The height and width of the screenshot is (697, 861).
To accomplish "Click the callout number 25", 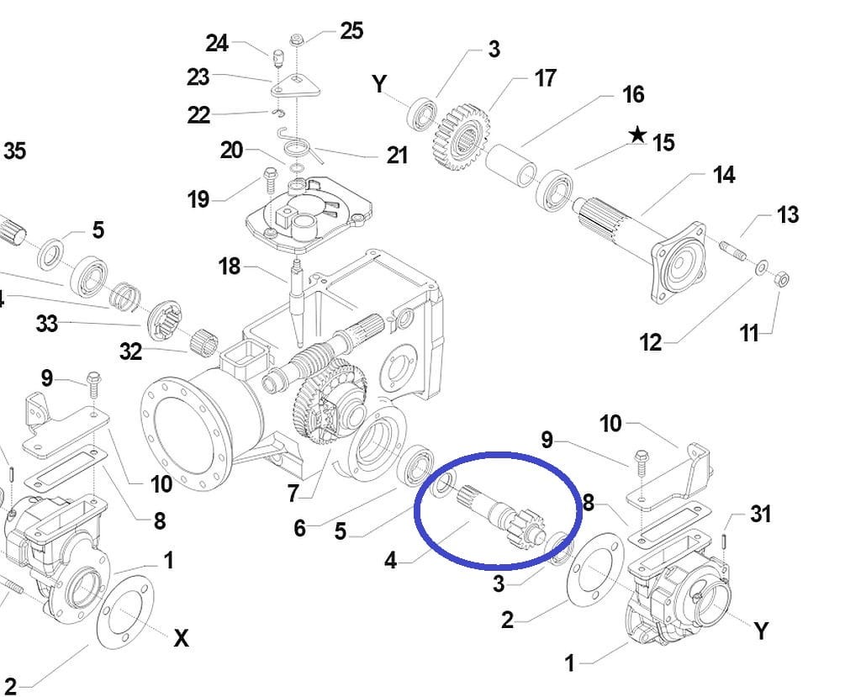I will point(351,31).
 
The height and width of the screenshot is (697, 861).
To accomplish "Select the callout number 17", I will point(545,78).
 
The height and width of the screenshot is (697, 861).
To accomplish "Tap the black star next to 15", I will point(638,135).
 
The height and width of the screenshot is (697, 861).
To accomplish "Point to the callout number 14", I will point(723,175).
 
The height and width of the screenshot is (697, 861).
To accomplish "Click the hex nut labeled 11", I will point(779,278).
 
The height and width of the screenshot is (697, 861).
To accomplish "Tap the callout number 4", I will point(390,560).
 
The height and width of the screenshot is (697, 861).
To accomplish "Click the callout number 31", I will point(759,514).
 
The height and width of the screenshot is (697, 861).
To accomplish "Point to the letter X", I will point(181,638).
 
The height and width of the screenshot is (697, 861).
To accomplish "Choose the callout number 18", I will point(229,267).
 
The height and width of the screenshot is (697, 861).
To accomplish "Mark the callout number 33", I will point(46,323).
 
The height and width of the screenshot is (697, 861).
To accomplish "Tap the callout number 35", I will point(14,151).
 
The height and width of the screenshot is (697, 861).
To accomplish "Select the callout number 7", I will point(292,494).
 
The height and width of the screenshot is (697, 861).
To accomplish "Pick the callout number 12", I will point(650,342).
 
